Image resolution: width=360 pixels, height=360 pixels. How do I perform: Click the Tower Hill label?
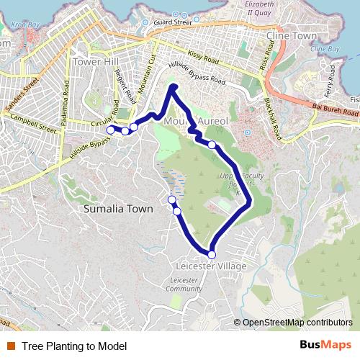click(x=96, y=62)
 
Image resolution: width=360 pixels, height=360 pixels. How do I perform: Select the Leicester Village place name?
click(x=211, y=266)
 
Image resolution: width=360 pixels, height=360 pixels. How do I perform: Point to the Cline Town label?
click(x=291, y=35)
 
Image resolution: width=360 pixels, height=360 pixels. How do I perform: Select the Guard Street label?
click(x=173, y=22)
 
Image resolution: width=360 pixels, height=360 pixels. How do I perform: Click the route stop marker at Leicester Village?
click(x=212, y=254)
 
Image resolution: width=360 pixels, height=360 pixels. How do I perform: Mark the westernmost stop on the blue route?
click(x=110, y=130)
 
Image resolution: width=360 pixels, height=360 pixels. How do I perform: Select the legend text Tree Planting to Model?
click(x=74, y=346)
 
